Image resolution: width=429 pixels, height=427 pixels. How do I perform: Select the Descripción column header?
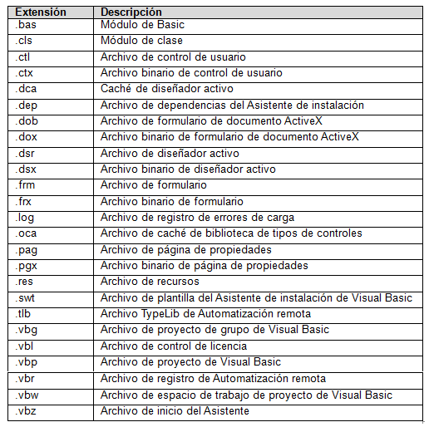click(x=131, y=12)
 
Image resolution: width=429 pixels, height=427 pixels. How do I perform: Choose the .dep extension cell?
click(x=27, y=106)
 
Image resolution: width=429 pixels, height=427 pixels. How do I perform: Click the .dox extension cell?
click(x=27, y=137)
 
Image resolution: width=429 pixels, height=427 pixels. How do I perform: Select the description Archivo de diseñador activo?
click(x=170, y=154)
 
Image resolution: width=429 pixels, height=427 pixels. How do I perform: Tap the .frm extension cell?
click(x=26, y=185)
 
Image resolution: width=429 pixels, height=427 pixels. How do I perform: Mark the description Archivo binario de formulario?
click(x=171, y=202)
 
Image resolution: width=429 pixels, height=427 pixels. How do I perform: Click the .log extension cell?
click(x=25, y=218)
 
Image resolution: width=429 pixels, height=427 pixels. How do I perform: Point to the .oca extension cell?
click(x=27, y=233)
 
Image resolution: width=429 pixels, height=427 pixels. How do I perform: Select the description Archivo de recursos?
click(x=150, y=282)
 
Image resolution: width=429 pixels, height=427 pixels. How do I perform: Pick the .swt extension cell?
click(x=26, y=298)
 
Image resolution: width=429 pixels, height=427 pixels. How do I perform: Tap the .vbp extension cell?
click(x=27, y=362)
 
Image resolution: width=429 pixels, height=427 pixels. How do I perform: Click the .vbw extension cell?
click(x=27, y=395)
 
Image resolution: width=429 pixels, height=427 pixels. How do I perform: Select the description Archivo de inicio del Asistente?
click(x=175, y=410)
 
